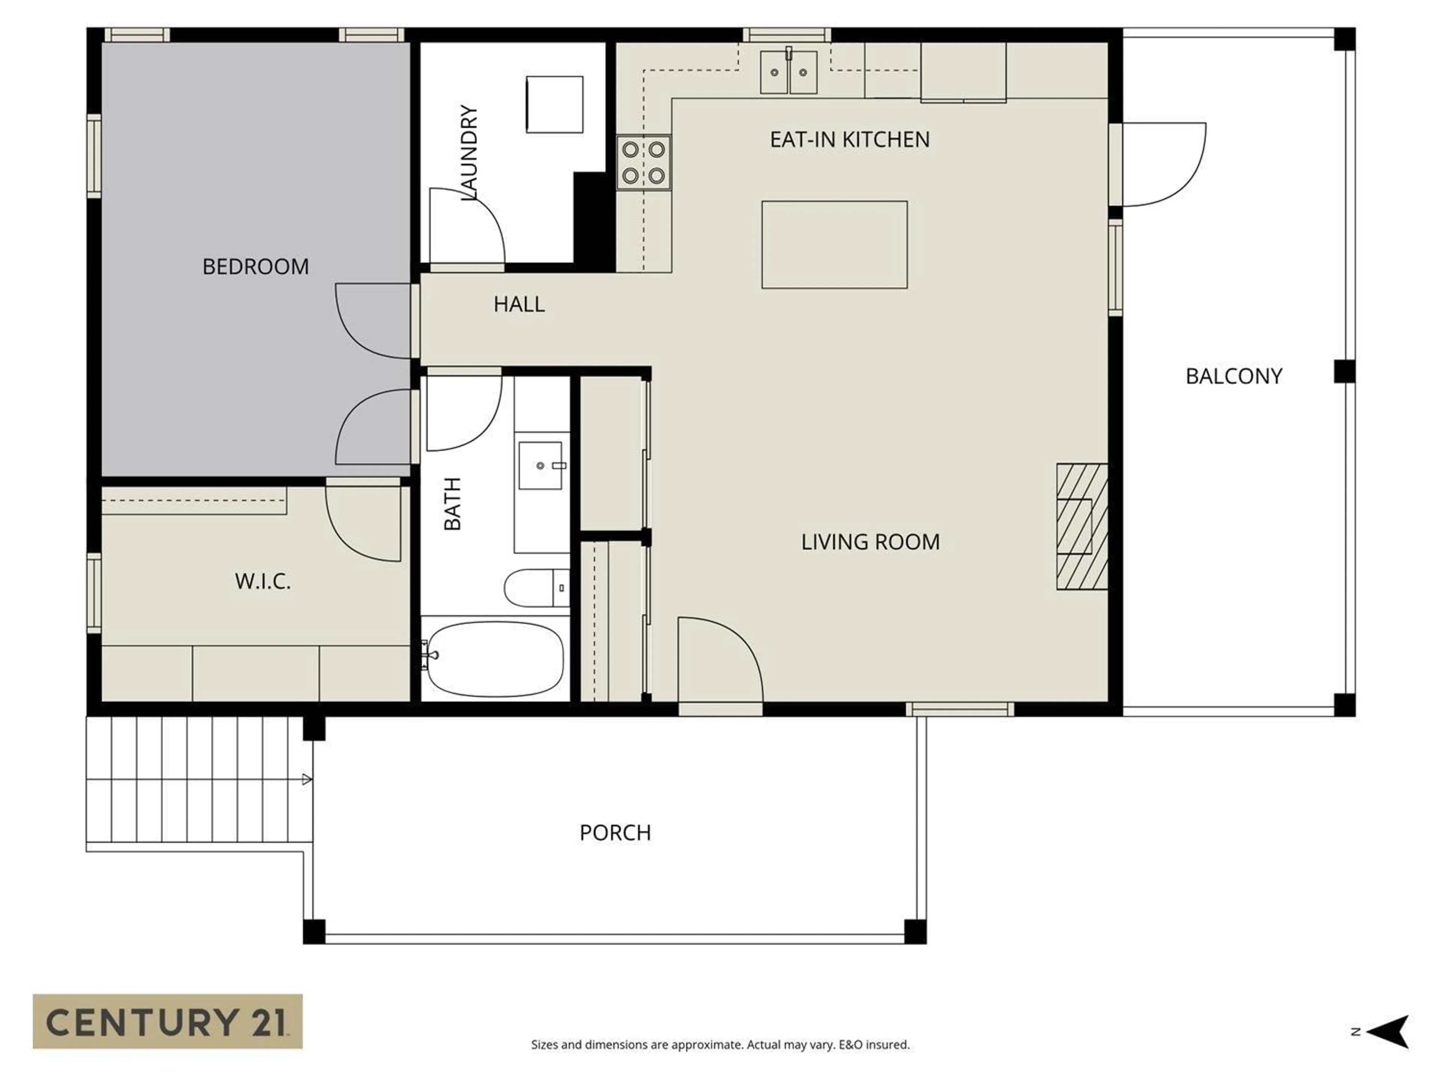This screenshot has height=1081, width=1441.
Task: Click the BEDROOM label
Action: [256, 266]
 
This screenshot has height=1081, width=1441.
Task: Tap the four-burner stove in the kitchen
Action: [644, 162]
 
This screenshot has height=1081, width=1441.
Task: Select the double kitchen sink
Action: [788, 72]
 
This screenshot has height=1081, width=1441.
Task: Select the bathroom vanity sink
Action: [540, 465]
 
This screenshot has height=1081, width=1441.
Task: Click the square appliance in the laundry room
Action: [554, 104]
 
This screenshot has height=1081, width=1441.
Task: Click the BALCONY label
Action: [1233, 376]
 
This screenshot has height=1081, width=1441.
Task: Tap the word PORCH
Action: [615, 833]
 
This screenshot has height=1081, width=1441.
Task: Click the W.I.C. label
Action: [263, 581]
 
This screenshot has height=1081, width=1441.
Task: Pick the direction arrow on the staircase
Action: [306, 779]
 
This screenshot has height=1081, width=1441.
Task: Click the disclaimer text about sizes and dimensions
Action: [720, 1045]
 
